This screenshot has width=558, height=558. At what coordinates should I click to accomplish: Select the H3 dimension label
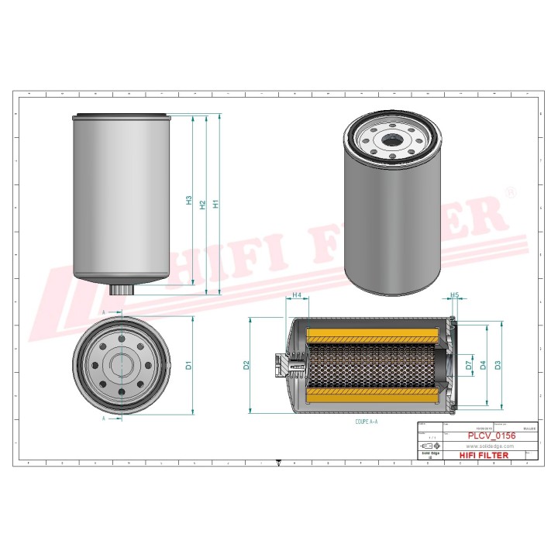(189, 201)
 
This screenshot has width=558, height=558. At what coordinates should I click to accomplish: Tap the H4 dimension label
(297, 295)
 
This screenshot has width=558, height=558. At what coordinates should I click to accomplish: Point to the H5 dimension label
(455, 295)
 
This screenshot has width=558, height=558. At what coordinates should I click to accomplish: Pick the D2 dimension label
(246, 365)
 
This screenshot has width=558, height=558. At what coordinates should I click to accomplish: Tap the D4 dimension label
(483, 365)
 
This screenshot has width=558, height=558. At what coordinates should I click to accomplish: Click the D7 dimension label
(468, 365)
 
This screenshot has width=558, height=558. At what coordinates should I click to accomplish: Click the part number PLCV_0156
(490, 436)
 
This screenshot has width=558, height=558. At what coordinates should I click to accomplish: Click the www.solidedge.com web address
(490, 446)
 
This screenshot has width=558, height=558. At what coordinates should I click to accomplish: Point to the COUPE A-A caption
(367, 422)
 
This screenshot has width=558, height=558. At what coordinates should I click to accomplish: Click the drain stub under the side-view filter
(120, 289)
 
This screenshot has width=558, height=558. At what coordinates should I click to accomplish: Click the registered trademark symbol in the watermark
(510, 191)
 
